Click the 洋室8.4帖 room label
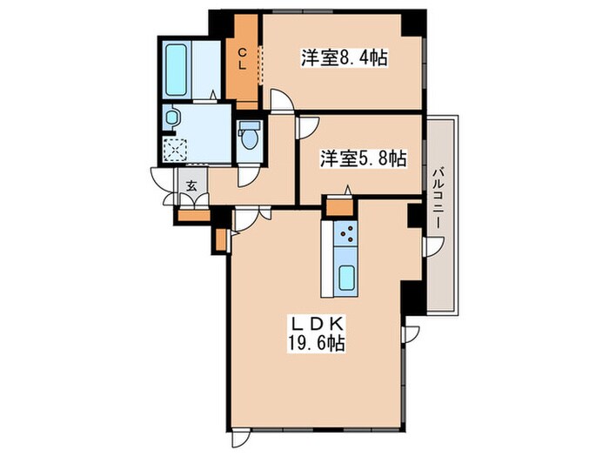(345, 59)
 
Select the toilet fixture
(249, 136)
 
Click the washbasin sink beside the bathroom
(171, 116)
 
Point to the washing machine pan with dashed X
(175, 151)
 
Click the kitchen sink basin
(346, 279)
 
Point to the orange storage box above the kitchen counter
(338, 207)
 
